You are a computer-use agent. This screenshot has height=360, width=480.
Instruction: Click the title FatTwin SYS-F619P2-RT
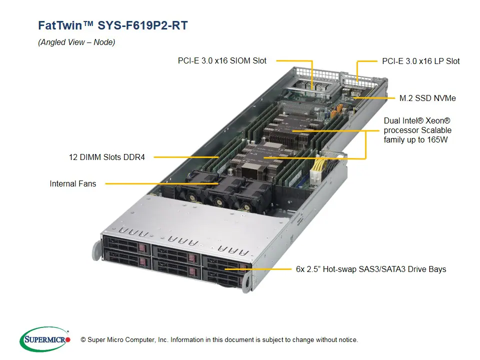point(113,25)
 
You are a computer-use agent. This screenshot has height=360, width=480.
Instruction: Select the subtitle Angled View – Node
point(76,42)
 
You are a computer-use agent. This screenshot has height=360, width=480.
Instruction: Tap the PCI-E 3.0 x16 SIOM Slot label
point(222,60)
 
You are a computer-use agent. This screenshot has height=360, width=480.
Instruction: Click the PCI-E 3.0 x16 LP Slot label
point(420,61)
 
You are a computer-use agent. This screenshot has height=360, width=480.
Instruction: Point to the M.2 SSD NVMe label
point(427,98)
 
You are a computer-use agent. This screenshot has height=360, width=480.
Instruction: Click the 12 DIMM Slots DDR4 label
point(106,157)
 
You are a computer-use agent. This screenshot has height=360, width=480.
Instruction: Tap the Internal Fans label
point(72,183)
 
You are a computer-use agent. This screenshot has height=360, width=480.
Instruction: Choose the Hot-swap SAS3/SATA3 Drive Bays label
point(370,269)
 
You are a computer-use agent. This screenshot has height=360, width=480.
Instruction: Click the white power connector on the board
point(317,175)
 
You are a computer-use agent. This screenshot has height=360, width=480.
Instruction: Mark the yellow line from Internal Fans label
point(150,183)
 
